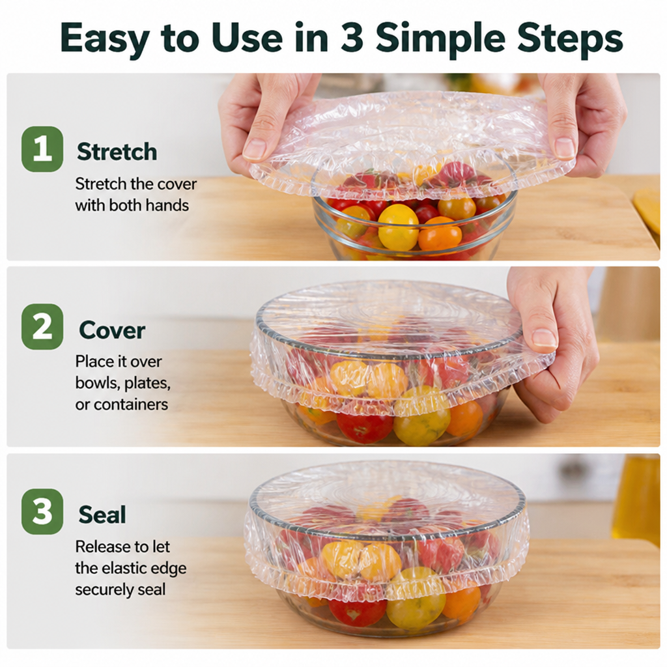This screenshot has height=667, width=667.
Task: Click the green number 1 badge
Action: [x=42, y=149]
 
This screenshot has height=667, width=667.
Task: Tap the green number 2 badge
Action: [x=42, y=327]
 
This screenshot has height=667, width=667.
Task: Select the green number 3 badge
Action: [x=42, y=511]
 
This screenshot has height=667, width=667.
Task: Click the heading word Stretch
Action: [x=117, y=152]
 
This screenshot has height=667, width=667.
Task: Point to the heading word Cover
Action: [x=112, y=330]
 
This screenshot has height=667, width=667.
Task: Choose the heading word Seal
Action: [x=102, y=515]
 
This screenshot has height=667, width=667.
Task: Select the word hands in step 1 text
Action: [x=166, y=205]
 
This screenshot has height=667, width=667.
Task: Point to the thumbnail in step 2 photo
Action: [x=544, y=338]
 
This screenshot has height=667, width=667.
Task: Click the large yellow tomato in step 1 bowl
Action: [x=398, y=226]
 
